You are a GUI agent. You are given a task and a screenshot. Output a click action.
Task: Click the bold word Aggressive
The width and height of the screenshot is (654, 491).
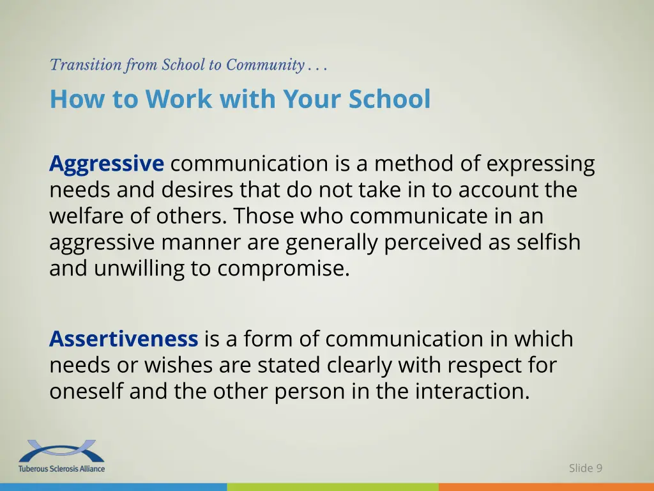coord(106,164)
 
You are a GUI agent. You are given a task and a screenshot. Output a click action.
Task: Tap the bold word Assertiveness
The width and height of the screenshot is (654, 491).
coord(123,339)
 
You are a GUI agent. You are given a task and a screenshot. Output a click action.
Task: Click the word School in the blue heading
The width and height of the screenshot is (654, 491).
coord(390,99)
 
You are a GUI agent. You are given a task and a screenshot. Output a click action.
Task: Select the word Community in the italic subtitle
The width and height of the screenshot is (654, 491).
coord(264,65)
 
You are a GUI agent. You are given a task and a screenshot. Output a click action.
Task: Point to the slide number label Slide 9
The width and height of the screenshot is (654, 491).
coord(585,468)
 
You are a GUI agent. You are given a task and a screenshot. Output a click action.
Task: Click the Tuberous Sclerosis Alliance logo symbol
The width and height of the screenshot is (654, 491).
coord(61,451)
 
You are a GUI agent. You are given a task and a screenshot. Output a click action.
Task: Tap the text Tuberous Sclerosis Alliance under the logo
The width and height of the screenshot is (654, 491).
coord(61,469)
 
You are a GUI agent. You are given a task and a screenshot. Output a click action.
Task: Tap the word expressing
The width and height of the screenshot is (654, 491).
coord(540,164)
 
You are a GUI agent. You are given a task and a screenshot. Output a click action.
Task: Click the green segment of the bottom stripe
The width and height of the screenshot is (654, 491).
coord(332,487)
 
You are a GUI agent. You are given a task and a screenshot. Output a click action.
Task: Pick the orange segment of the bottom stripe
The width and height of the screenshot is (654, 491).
coord(546,487)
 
